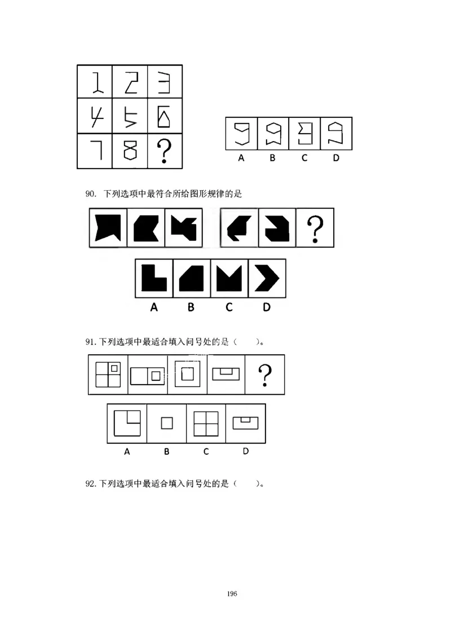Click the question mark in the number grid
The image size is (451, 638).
point(164,151)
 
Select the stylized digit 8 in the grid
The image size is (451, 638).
point(130,151)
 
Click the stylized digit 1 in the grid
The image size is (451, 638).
point(96,83)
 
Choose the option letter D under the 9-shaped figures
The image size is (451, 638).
point(336,159)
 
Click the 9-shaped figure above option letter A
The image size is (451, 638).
point(241,134)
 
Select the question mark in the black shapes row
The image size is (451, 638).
point(315,228)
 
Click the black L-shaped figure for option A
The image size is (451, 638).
point(154,278)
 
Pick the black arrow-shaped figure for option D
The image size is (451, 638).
point(267,278)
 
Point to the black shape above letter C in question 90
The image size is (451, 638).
point(229,278)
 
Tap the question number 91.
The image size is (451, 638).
point(91,342)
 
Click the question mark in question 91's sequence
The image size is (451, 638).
point(264,375)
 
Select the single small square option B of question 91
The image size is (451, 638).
point(166,423)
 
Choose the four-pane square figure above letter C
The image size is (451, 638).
point(206,423)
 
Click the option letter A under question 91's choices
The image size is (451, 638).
point(127,451)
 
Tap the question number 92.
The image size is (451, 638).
point(91,483)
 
